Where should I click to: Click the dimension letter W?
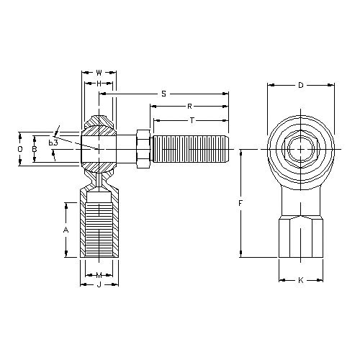[x=99, y=73]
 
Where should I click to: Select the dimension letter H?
[x=99, y=84]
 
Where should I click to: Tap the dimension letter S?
[x=163, y=94]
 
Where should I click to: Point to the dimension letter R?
[x=189, y=107]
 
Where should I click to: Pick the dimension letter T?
[x=192, y=120]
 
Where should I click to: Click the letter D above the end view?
[x=301, y=85]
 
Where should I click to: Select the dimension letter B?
[x=35, y=149]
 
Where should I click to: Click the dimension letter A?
[x=66, y=230]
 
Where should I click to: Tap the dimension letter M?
[x=99, y=275]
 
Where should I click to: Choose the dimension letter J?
[x=99, y=285]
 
